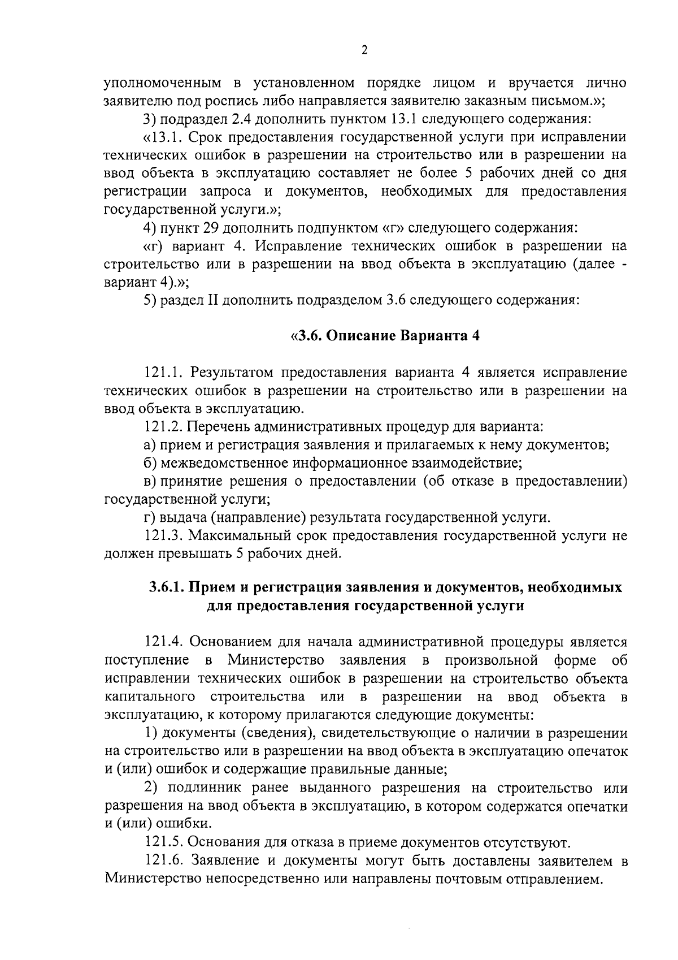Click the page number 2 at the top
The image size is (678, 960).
pyautogui.click(x=364, y=50)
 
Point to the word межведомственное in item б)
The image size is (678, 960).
pyautogui.click(x=224, y=463)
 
